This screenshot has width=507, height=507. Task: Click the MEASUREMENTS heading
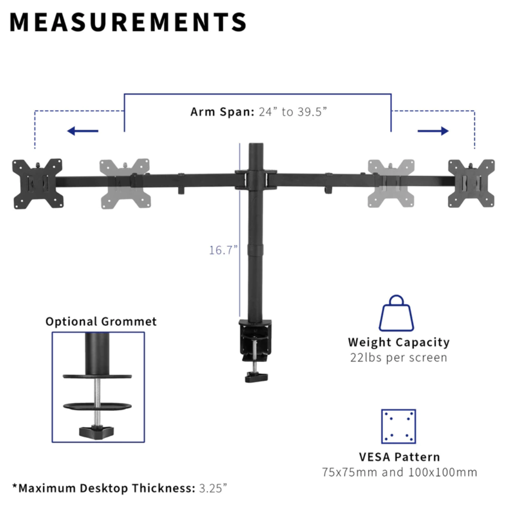click(x=128, y=22)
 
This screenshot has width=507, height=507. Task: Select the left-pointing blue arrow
click(x=83, y=131)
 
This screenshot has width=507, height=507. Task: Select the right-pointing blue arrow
click(x=433, y=131)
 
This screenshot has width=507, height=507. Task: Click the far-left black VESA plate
click(x=38, y=184)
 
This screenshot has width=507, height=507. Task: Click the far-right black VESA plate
click(x=471, y=184)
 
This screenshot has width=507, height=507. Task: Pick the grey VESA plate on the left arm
click(x=124, y=184)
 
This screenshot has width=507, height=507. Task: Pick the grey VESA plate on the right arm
click(x=391, y=184)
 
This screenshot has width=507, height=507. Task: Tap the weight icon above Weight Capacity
click(x=397, y=313)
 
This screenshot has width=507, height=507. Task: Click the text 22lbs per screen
click(x=399, y=358)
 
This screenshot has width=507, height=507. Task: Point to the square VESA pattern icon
click(x=398, y=426)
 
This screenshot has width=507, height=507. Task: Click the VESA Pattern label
click(x=399, y=457)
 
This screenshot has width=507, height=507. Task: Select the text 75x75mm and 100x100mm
click(x=399, y=472)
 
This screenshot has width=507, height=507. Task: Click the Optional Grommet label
click(x=101, y=322)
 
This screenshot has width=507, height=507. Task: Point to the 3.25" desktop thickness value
click(x=213, y=488)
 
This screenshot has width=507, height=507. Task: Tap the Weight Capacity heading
click(x=399, y=342)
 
